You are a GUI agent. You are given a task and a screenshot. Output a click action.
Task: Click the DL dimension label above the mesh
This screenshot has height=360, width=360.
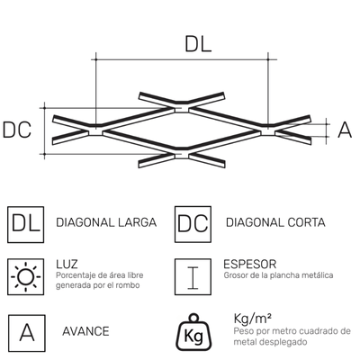pos(198,44)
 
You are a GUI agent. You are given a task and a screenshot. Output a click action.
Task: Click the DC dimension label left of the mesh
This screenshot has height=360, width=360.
pos(17,130)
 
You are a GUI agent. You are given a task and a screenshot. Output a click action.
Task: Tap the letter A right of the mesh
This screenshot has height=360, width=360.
pos(345,130)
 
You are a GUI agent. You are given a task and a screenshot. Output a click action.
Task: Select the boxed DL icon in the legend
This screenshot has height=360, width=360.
pos(26,224)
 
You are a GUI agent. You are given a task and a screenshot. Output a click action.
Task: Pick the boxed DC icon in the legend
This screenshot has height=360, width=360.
pos(193,224)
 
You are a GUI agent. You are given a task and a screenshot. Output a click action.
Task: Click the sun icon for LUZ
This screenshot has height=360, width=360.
pos(26,276)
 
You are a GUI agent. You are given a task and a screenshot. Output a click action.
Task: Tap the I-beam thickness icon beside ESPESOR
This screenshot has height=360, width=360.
pos(193,276)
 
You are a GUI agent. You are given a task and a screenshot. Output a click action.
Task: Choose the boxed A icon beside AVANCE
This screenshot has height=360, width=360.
pos(27,333)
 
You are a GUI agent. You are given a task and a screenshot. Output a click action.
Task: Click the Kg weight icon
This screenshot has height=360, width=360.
pos(193,332)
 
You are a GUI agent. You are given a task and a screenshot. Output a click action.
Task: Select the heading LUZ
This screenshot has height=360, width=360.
pos(67,265)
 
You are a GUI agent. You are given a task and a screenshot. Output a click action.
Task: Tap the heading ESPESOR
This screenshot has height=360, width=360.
pos(250,265)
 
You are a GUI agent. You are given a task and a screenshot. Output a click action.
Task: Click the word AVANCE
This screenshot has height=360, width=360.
pos(85,331)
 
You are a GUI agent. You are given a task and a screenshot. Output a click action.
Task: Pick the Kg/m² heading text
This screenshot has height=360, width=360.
pos(253,319)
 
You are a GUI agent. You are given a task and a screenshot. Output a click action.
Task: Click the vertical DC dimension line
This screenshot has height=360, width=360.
pos(44,130)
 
